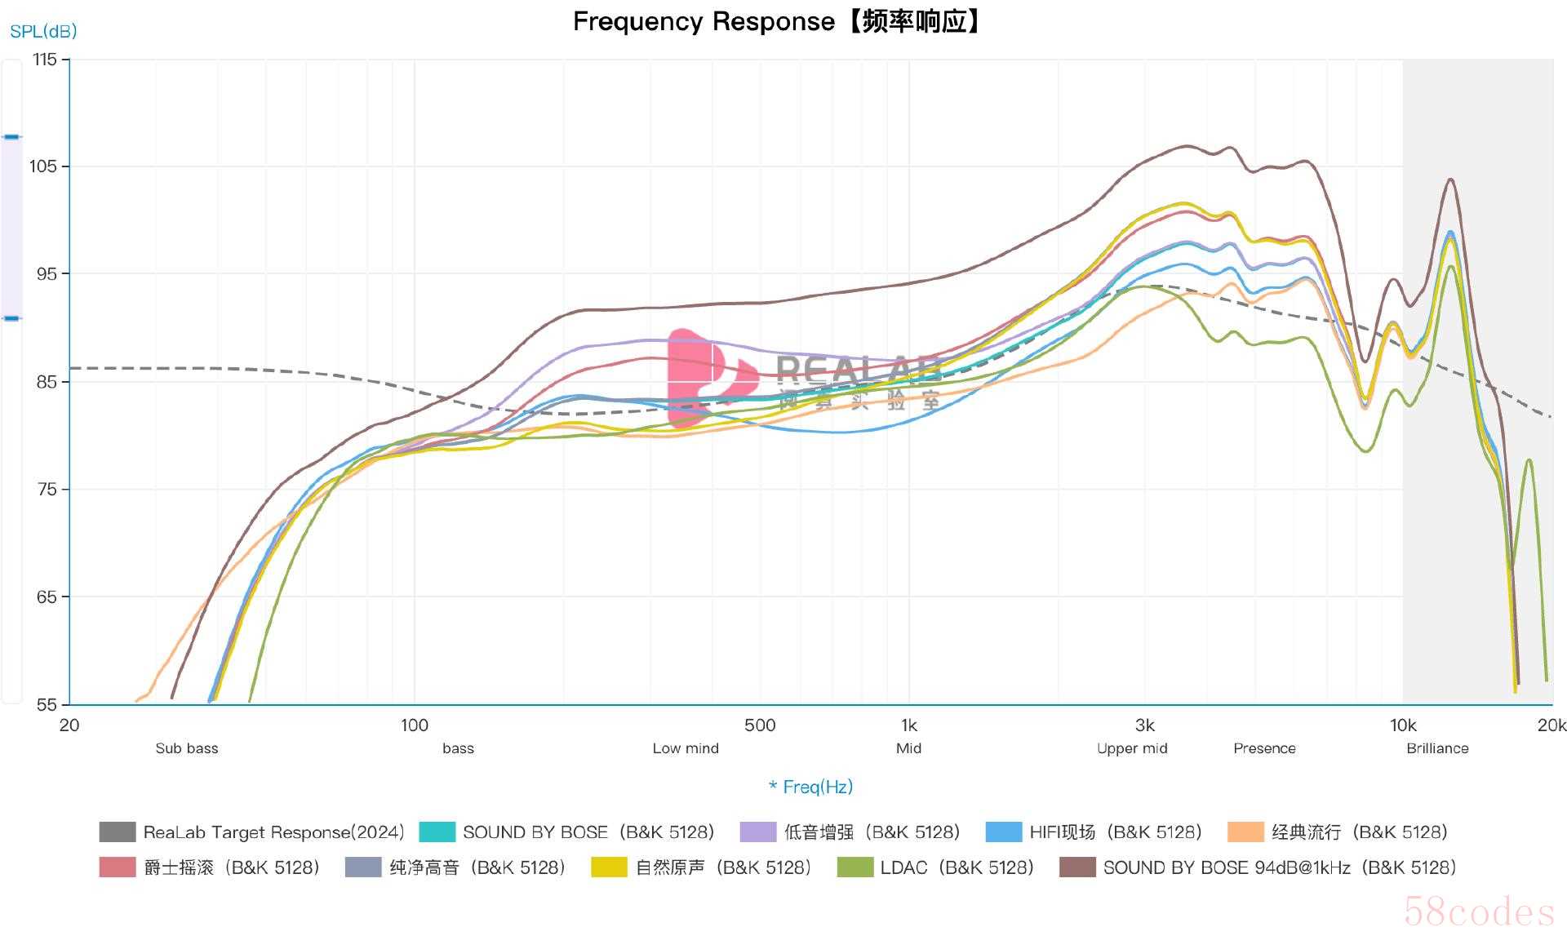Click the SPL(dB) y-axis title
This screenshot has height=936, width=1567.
pos(43,32)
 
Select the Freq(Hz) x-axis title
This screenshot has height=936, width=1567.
pos(811,787)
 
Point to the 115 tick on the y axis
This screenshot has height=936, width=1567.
pos(45,60)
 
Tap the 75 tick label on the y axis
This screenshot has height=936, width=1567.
pos(47,490)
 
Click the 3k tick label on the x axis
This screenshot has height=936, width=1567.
pos(1144,725)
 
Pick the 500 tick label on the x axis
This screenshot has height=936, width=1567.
pos(759,725)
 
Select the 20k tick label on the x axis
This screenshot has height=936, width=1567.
pos(1551,725)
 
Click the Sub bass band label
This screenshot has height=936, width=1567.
pos(187,748)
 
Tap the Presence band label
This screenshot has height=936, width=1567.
pos(1264,748)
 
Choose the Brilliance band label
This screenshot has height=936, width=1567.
pos(1437,748)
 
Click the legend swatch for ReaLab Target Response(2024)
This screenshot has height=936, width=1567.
pos(117,832)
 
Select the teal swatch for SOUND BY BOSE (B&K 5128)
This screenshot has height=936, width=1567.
pos(437,832)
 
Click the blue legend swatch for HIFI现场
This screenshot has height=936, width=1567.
pos(1003,832)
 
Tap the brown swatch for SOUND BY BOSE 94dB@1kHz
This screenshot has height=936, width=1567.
pos(1076,867)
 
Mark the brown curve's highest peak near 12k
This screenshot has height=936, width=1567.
pos(1450,180)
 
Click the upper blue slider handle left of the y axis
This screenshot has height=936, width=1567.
pos(11,137)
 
